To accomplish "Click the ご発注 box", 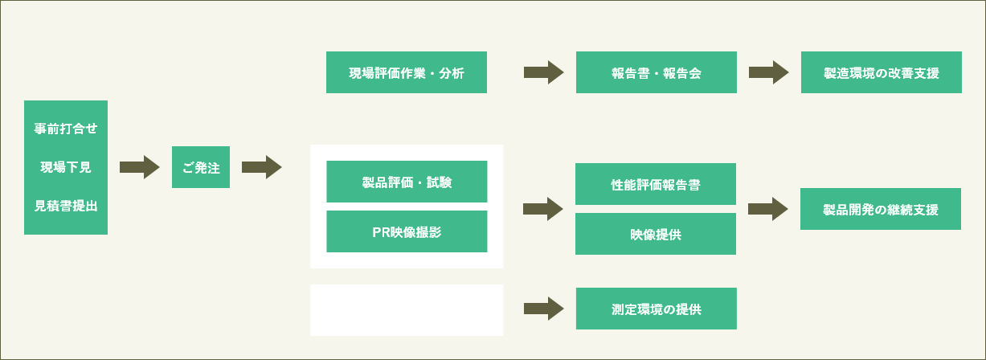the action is (x=201, y=167).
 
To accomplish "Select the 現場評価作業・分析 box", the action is (x=407, y=72).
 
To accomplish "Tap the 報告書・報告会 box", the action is (x=657, y=72).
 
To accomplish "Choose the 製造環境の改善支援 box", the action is (x=882, y=72).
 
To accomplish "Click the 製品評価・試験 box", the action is (x=407, y=182).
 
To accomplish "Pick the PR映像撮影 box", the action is (x=407, y=231).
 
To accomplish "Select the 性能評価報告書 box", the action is (x=656, y=184).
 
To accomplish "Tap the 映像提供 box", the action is (x=656, y=234).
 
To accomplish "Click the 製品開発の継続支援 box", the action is (x=881, y=209).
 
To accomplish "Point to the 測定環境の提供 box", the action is (x=657, y=309).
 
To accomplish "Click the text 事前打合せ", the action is (x=66, y=129).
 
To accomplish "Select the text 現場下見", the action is (x=66, y=167).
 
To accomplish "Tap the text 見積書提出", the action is (x=66, y=206).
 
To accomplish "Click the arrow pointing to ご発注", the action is (x=140, y=167).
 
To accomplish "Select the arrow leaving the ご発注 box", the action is (x=262, y=167).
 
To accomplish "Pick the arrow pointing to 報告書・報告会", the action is (x=544, y=72).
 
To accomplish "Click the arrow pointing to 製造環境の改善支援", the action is (x=769, y=72).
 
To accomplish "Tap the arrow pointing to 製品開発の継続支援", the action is (x=768, y=209).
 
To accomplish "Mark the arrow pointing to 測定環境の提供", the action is (x=544, y=309).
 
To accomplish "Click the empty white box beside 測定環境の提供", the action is (x=407, y=310).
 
